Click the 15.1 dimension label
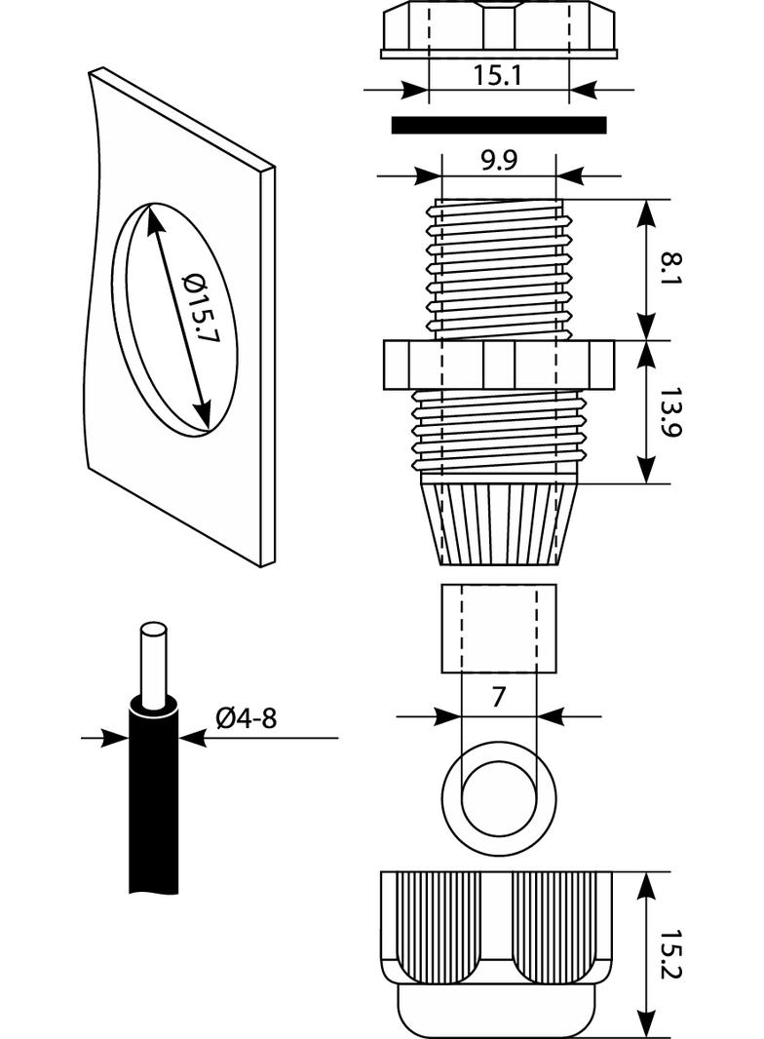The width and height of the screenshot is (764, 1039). point(498,76)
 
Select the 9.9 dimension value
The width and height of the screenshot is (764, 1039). point(498,162)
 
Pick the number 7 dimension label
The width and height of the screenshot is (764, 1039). point(498,698)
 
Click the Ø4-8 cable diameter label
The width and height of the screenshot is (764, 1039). point(246,719)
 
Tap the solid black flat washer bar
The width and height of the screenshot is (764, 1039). point(498,125)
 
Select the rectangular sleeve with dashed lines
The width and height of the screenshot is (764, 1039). point(498,628)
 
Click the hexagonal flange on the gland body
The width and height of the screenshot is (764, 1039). point(498,366)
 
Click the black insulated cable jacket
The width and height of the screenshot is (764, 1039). point(153,809)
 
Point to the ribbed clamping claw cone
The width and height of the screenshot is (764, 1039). point(498,521)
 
